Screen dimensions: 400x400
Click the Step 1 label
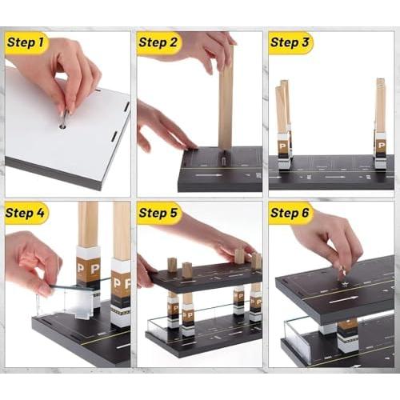(x=26, y=42)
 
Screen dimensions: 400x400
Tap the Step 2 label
(x=158, y=42)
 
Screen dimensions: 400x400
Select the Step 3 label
(x=290, y=42)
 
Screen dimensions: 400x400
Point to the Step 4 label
(x=26, y=213)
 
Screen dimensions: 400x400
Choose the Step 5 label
(x=158, y=213)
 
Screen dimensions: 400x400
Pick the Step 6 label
(x=290, y=213)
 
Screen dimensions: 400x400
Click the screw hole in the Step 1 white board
(x=63, y=126)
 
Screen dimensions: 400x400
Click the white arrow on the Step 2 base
(x=209, y=175)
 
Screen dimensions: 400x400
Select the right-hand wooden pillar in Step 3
(x=381, y=106)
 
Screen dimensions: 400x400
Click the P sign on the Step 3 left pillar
(x=282, y=146)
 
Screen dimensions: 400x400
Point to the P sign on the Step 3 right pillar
(x=382, y=146)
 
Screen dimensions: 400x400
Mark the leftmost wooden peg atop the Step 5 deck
(x=172, y=265)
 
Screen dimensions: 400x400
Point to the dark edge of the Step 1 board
(x=54, y=173)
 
